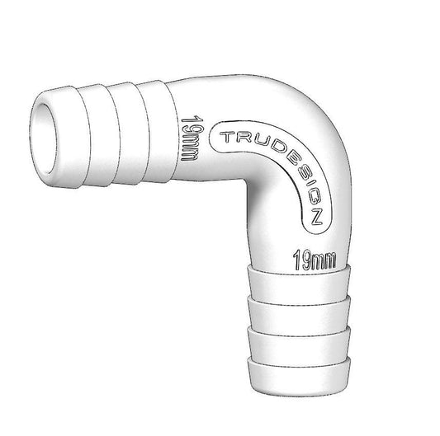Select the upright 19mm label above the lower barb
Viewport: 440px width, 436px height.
click(x=315, y=261)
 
